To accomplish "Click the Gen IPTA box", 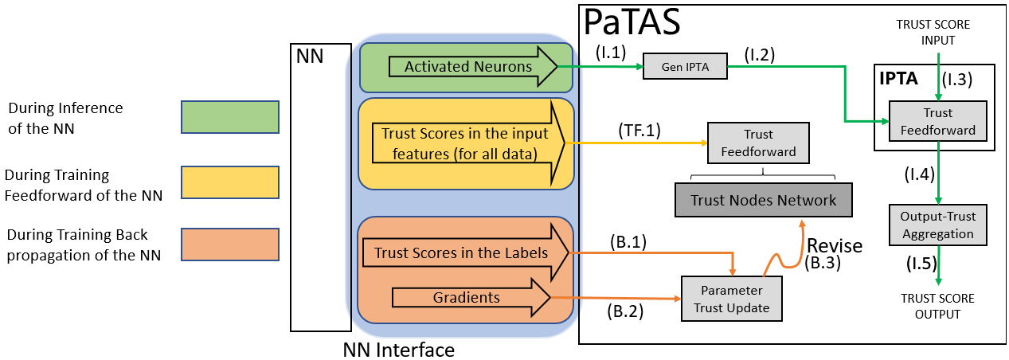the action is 685,66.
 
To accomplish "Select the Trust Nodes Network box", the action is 764,200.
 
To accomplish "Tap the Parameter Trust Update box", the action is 732,299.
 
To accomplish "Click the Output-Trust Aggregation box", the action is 938,225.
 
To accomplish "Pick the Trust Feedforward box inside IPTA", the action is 938,121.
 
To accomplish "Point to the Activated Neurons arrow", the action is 473,66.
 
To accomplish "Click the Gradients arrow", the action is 471,297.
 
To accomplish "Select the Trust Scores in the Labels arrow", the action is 466,252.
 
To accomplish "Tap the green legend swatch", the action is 230,117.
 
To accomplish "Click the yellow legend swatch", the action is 230,182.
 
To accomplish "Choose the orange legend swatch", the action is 230,245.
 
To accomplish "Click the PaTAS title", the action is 632,22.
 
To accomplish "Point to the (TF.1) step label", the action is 639,131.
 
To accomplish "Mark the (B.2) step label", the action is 625,311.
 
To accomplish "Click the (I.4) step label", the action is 919,174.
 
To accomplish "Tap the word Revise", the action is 835,245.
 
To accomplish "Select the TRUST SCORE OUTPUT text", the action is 938,307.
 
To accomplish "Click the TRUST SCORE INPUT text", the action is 933,32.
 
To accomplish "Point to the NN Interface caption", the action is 399,350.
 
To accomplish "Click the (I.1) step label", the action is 611,53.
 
